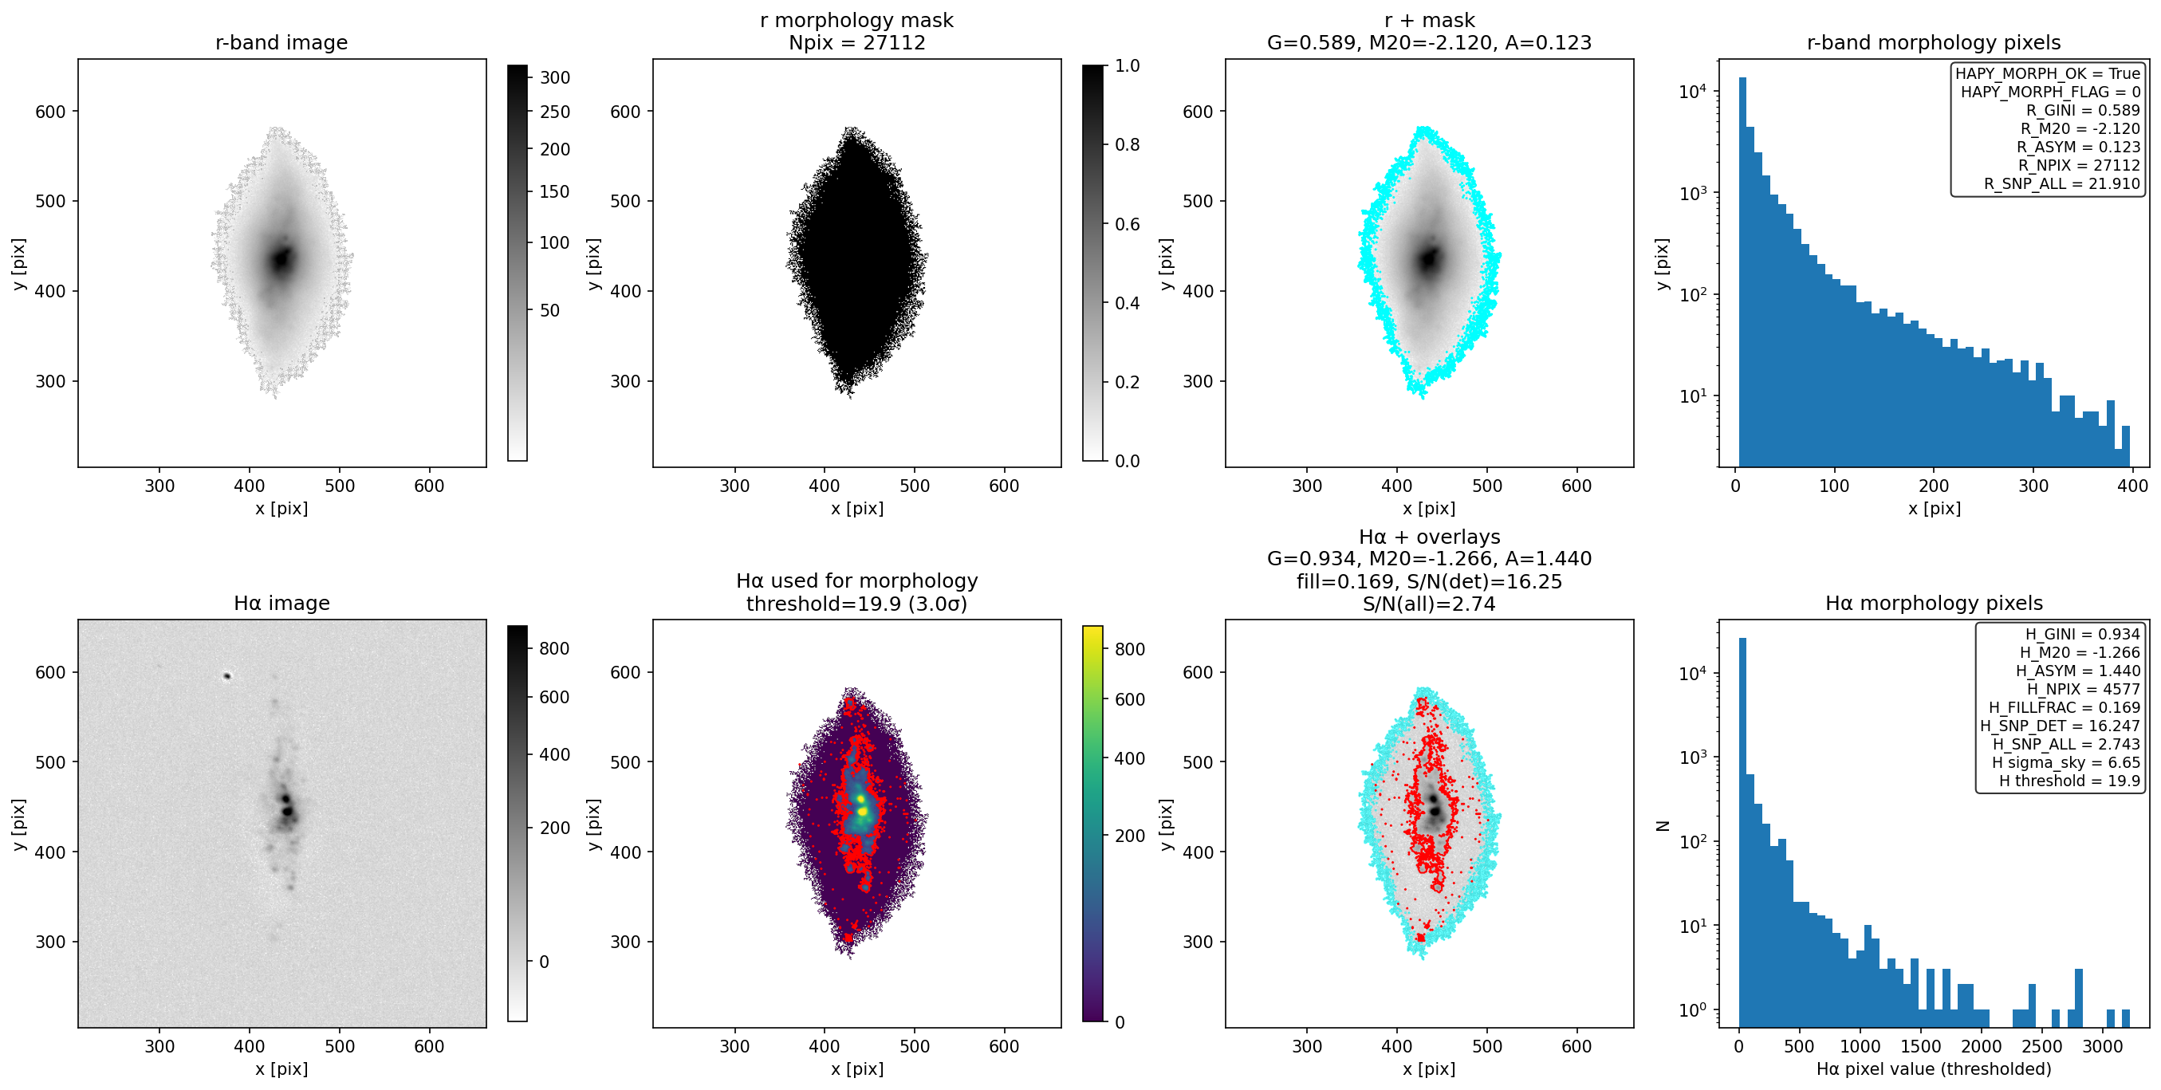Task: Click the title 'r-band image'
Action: [x=281, y=42]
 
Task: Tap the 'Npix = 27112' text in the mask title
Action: [x=856, y=42]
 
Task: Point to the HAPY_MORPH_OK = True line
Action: [x=2048, y=74]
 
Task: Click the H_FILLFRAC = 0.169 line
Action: [x=2064, y=707]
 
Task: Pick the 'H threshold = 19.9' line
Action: [x=2068, y=781]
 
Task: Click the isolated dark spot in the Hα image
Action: [x=226, y=675]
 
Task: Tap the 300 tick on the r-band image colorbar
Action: [x=554, y=77]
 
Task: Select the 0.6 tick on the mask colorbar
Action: [x=1128, y=224]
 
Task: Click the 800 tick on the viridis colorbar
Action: [x=1129, y=648]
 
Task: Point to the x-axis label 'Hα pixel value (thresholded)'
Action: [x=1934, y=1068]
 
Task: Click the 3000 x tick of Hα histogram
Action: [x=2101, y=1045]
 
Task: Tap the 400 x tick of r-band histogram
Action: [x=2132, y=485]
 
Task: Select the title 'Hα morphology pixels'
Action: [x=1934, y=603]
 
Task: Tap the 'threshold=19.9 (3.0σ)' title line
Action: [x=856, y=604]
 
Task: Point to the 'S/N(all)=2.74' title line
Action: [x=1429, y=604]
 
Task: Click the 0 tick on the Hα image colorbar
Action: [x=544, y=962]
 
